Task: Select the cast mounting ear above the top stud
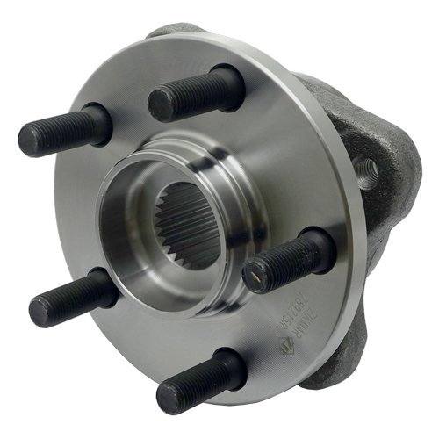click(176, 32)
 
